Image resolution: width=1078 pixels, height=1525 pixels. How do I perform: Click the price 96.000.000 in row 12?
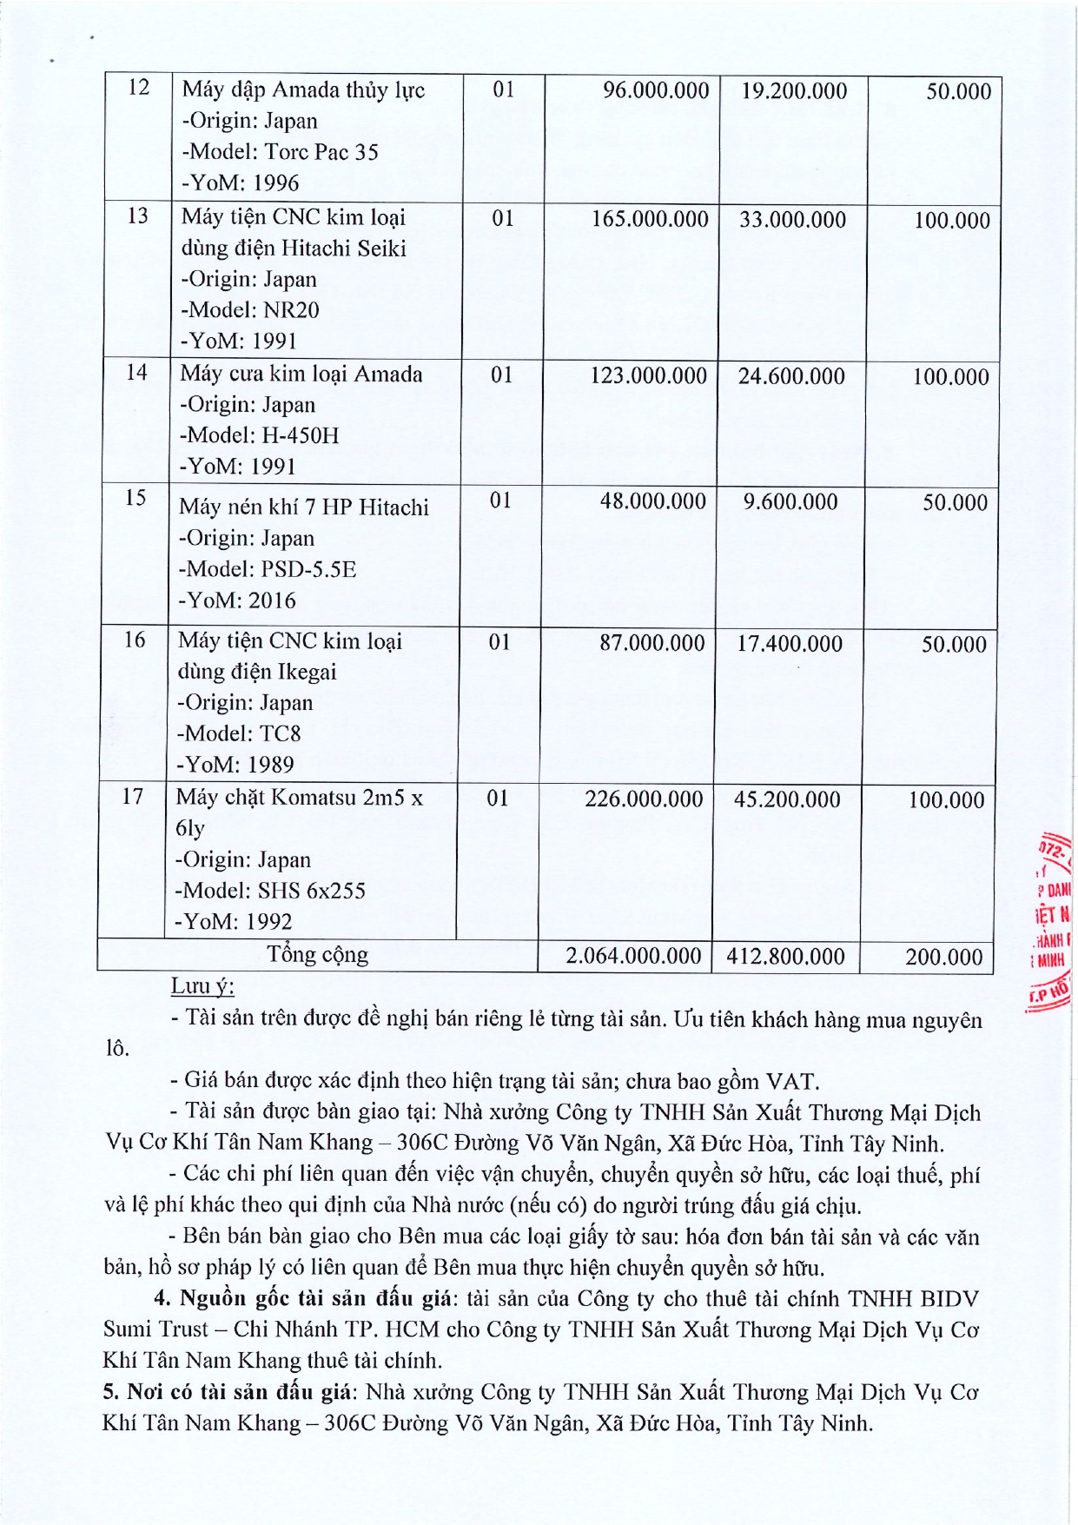coord(656,91)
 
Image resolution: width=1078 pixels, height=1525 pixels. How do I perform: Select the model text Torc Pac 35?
coord(321,152)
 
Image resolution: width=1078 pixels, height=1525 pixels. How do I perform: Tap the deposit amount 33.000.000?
coord(792,220)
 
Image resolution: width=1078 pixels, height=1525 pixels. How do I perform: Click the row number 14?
coord(136,373)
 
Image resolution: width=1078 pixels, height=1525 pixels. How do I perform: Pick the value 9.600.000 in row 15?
coord(790,502)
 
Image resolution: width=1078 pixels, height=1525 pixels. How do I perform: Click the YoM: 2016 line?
coord(237,600)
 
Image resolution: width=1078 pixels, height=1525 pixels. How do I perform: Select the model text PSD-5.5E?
coord(308,569)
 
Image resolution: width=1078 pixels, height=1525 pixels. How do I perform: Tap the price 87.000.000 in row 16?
coord(652,644)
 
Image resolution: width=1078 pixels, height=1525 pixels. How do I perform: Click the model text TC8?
coord(281,733)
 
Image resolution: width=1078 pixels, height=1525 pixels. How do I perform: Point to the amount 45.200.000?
coord(787,799)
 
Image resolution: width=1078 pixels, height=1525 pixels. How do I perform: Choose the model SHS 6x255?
coord(311,891)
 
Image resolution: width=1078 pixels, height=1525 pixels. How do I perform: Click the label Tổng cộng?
coord(317,955)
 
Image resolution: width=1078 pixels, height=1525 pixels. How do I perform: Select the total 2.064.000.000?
coord(633,957)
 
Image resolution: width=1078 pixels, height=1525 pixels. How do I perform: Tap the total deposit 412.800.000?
coord(785,958)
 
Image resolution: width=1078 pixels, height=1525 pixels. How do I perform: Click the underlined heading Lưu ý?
coord(202,987)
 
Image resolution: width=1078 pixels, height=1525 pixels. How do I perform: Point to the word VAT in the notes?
coord(790,1082)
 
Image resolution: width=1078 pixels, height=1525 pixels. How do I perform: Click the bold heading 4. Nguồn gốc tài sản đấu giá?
coord(303,1299)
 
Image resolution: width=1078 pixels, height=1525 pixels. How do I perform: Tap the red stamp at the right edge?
coord(1053,921)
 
